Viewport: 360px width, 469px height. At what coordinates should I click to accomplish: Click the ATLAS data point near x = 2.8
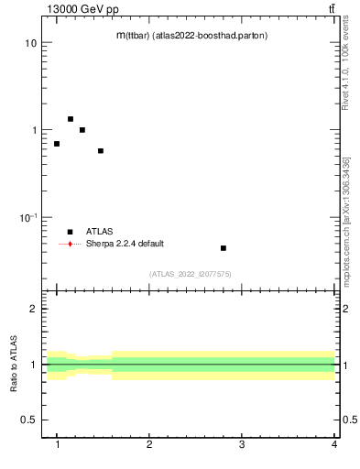(x=223, y=248)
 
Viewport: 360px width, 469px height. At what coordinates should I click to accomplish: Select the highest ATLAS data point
(x=70, y=119)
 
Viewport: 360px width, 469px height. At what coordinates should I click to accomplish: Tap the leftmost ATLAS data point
(x=57, y=144)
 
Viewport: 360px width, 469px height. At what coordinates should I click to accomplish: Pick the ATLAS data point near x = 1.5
(x=100, y=151)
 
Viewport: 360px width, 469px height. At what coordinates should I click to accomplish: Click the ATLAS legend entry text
(x=100, y=232)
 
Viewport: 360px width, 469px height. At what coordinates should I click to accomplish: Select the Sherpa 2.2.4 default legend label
(x=125, y=244)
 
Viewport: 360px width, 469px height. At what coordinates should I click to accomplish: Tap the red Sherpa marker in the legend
(x=70, y=244)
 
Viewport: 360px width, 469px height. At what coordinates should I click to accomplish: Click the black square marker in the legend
(x=70, y=232)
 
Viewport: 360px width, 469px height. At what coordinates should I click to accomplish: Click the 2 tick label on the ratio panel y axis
(x=33, y=309)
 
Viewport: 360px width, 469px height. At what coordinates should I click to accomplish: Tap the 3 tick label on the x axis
(x=242, y=444)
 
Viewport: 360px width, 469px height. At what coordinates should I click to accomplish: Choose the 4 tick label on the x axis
(x=334, y=444)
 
